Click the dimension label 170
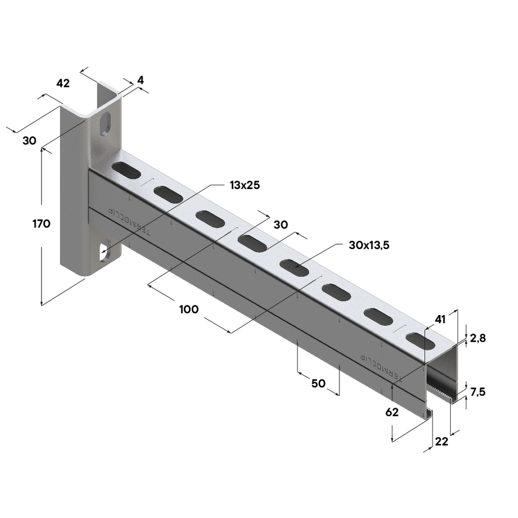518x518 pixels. (x=40, y=224)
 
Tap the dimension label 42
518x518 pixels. (x=62, y=83)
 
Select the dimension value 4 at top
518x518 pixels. (x=140, y=80)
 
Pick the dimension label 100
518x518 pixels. (x=189, y=309)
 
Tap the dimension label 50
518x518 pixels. (x=318, y=383)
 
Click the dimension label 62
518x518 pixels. (x=392, y=413)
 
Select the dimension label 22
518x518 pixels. (x=441, y=441)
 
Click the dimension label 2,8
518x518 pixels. (x=478, y=338)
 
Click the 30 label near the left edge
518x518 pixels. (x=29, y=140)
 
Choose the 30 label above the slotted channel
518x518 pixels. (x=280, y=224)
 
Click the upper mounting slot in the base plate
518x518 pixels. (x=106, y=124)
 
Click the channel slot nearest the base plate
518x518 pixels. (x=126, y=169)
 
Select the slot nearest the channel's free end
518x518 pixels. (x=420, y=340)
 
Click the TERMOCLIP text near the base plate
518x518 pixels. (x=128, y=221)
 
